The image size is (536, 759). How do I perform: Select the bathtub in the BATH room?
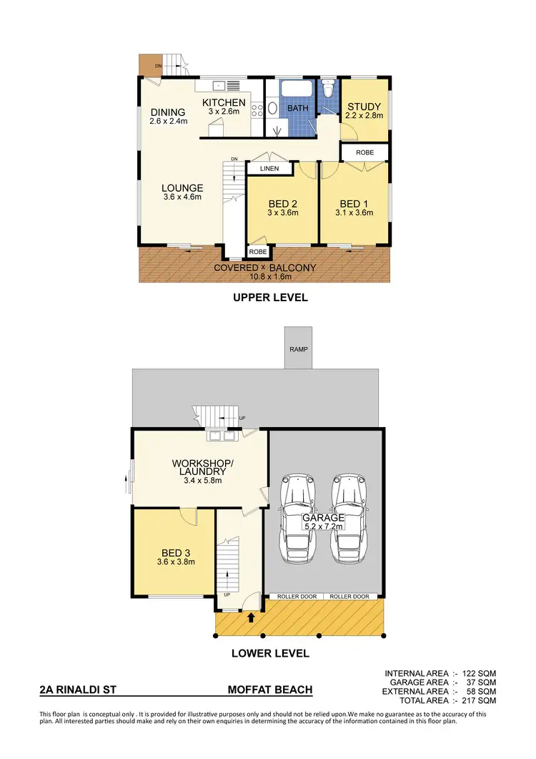click(x=295, y=93)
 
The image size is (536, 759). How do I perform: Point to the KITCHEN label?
click(x=224, y=103)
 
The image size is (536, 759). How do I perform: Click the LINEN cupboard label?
click(x=269, y=169)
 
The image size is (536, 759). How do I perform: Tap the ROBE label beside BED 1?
click(x=364, y=152)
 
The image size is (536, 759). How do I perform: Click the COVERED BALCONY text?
click(x=265, y=268)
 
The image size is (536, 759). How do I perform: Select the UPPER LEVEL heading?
click(x=270, y=298)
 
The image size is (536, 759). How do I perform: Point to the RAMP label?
click(x=298, y=350)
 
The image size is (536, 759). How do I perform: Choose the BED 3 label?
click(x=174, y=552)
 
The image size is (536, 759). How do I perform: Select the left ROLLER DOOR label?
click(x=295, y=596)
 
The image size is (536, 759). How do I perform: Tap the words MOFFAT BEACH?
click(x=269, y=690)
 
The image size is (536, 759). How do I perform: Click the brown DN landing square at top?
click(x=151, y=65)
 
